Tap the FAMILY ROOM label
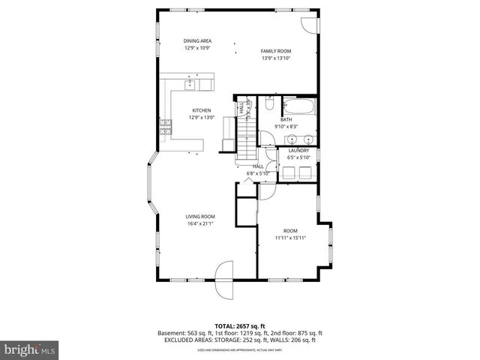coord(275,51)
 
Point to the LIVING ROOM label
coord(200,216)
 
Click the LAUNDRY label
coord(298,151)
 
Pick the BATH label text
coord(286,119)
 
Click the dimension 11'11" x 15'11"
coord(289,238)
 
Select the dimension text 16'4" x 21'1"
coord(200,223)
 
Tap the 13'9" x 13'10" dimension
coord(275,58)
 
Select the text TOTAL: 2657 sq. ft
coord(239,325)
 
